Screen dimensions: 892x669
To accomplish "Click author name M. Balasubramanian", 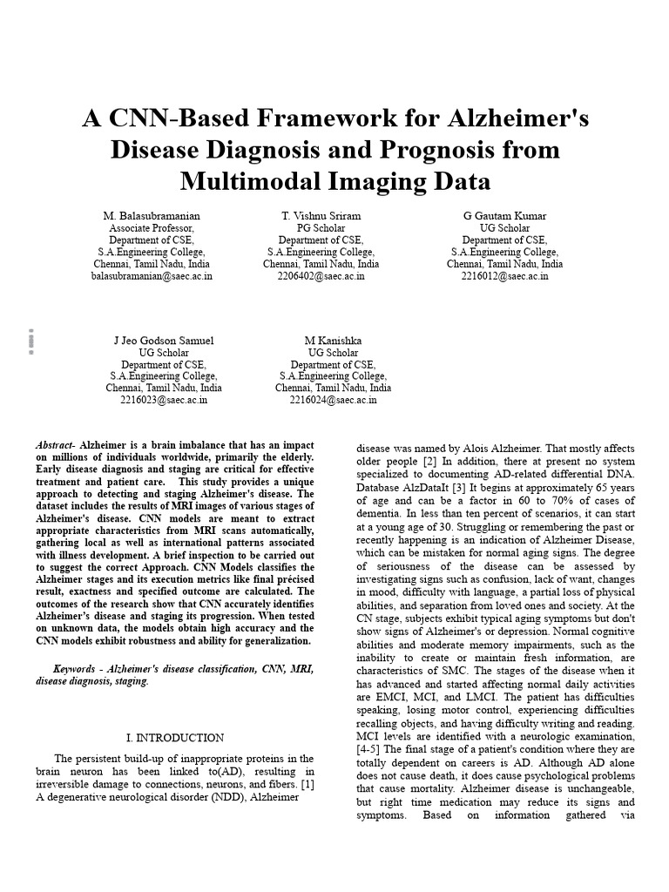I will [152, 215].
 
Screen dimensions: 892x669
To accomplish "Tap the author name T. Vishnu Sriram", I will [321, 215].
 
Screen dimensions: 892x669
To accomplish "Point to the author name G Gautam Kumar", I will [504, 215].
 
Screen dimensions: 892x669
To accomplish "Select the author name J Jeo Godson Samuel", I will [164, 340].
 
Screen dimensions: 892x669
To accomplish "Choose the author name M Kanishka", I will [333, 340].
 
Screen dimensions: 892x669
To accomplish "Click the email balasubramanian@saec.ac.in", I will [152, 276].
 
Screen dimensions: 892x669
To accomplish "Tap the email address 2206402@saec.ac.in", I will [321, 276].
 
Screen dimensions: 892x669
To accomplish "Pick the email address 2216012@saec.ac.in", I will [504, 276].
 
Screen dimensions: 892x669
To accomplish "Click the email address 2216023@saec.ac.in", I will [164, 401].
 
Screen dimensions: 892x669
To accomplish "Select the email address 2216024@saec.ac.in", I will [333, 401].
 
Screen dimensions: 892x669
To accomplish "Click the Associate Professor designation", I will [152, 227].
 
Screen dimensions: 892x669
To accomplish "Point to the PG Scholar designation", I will [321, 227].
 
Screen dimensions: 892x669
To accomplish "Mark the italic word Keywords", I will [75, 669].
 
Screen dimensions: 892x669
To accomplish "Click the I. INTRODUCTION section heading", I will [175, 738].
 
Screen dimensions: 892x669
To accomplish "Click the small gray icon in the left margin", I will [30, 341].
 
